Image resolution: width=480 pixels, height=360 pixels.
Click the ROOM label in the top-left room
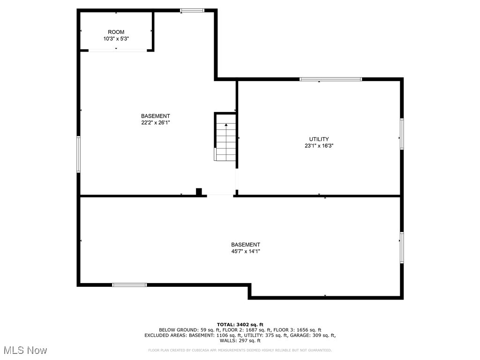tap(116, 32)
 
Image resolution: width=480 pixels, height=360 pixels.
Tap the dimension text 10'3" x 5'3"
tap(116, 39)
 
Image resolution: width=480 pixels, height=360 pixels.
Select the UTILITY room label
tap(319, 139)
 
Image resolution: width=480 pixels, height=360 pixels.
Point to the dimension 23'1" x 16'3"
tap(319, 146)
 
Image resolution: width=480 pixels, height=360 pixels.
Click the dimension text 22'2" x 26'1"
tap(156, 123)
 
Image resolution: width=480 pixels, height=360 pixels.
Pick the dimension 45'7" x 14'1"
tap(245, 251)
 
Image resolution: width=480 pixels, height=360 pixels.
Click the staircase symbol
tap(225, 141)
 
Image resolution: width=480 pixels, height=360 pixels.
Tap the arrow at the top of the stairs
tap(226, 125)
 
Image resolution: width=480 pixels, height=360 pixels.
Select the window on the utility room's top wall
tap(331, 79)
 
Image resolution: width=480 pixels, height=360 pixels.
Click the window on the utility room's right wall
tap(402, 134)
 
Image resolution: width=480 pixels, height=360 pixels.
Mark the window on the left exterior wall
tap(79, 154)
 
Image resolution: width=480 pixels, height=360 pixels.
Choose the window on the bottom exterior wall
tap(129, 285)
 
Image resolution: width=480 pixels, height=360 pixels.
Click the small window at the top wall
tap(192, 10)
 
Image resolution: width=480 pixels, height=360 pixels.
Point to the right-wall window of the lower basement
tap(402, 247)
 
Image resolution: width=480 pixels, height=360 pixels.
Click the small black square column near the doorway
tap(199, 191)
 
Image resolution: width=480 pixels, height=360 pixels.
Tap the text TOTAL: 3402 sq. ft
tap(240, 324)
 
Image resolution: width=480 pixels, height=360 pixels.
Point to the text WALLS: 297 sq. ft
tap(240, 341)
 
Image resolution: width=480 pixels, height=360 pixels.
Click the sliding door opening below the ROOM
tap(116, 50)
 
